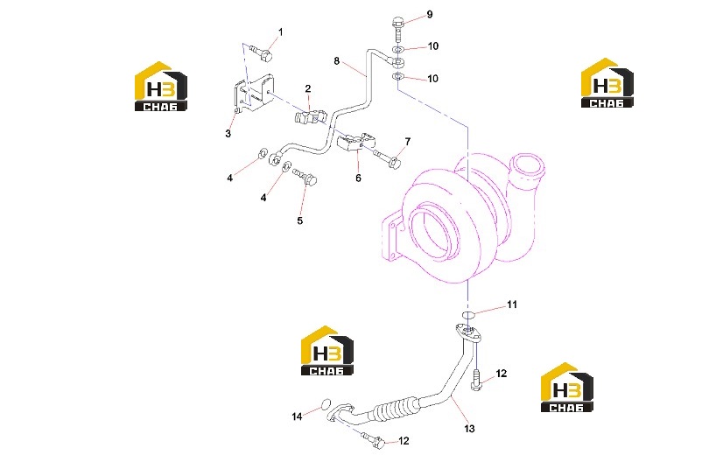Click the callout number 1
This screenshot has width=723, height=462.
tap(280, 32)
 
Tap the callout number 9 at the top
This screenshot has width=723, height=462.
tap(430, 14)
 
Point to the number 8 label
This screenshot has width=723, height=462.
tap(337, 61)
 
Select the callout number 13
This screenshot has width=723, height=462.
tap(469, 429)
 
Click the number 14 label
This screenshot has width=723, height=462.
tap(297, 416)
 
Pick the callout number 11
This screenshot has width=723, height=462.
tap(512, 304)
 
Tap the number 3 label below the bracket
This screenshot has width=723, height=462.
tap(228, 134)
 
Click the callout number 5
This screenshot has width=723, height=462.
tap(299, 220)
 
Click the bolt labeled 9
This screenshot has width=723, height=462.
tap(397, 28)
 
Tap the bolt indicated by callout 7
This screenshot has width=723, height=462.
tap(386, 157)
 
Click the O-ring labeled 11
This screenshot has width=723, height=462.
tap(468, 315)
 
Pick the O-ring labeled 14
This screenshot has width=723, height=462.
tap(326, 404)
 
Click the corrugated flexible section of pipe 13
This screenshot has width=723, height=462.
tap(397, 409)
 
